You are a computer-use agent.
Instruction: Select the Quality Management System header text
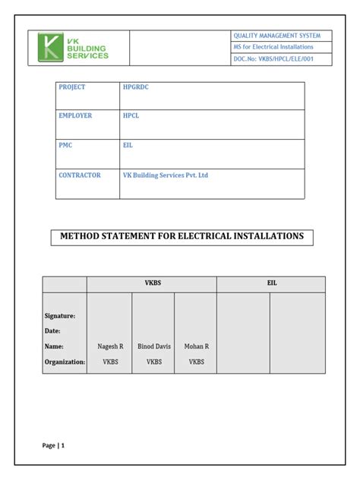click(x=277, y=36)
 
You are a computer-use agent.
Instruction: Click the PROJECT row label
click(x=72, y=87)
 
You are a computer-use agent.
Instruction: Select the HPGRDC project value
click(x=137, y=87)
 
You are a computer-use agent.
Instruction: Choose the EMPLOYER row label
click(x=75, y=115)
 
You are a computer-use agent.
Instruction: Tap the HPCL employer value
click(x=131, y=115)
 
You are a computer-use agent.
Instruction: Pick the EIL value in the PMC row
click(x=128, y=144)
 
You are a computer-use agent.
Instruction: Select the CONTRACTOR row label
click(x=79, y=175)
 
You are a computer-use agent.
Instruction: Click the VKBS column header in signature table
click(x=153, y=283)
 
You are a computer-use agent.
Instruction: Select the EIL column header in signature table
click(x=271, y=283)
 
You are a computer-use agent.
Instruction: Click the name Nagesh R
click(x=110, y=346)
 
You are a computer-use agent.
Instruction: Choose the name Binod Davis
click(x=154, y=346)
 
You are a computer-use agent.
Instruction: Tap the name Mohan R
click(x=196, y=346)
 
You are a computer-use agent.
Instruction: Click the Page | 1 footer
click(x=53, y=446)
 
